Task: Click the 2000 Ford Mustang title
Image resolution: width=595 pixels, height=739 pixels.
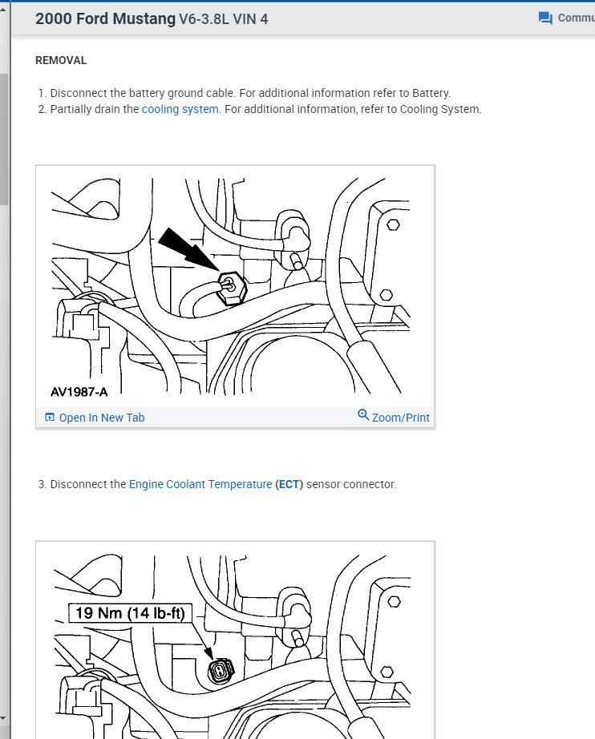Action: pos(105,19)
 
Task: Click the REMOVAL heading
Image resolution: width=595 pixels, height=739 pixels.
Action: pos(61,60)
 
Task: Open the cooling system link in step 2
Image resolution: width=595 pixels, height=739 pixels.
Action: pos(180,109)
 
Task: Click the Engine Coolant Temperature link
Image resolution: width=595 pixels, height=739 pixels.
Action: pos(200,484)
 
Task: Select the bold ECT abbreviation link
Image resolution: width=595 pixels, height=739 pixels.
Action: pos(289,484)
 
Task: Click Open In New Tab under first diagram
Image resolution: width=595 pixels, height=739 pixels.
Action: pos(101,418)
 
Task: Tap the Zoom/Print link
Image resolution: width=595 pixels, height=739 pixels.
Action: pos(400,418)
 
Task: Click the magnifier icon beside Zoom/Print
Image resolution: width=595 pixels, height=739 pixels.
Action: pos(363,414)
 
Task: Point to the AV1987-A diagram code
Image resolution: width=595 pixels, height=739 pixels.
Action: pos(79,392)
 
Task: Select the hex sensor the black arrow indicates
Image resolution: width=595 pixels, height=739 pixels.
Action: pos(231,288)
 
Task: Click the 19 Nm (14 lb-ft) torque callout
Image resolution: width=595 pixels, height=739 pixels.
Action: pos(130,612)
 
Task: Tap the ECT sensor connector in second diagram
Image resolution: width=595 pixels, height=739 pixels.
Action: pos(221,671)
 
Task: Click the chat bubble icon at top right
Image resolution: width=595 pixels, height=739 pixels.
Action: pos(545,18)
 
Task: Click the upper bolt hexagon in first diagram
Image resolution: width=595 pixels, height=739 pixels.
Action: pos(393,224)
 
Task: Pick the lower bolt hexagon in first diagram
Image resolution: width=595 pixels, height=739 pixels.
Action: pos(387,295)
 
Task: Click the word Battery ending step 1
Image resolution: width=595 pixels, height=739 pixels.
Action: pos(431,93)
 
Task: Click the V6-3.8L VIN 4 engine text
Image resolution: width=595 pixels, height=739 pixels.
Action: pos(224,19)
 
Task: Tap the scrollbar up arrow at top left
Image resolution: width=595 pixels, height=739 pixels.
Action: pos(3,8)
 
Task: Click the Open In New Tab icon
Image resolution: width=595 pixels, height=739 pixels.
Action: pos(50,417)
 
